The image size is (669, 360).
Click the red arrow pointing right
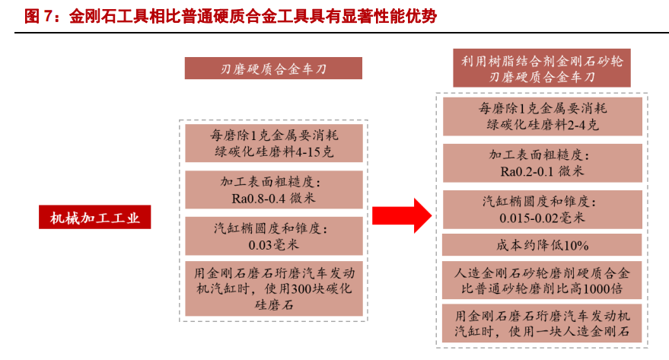[x=402, y=215]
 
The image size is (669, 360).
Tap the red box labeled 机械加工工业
[x=94, y=217]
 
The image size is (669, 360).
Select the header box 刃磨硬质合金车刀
[x=273, y=68]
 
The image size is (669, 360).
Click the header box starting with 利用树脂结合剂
[x=542, y=68]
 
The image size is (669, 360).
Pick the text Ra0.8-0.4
[x=259, y=199]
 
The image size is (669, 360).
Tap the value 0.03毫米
[x=274, y=245]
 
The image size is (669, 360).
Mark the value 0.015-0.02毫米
[x=542, y=218]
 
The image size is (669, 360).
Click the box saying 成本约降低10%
[x=542, y=245]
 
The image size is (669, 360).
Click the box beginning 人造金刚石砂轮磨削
[x=542, y=280]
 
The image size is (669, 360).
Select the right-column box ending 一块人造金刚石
[x=542, y=323]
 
